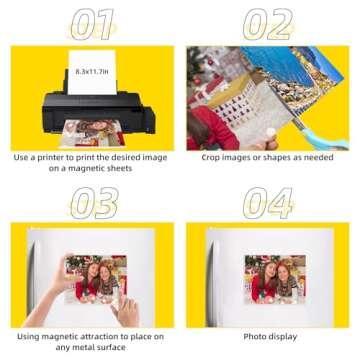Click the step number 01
[91, 23]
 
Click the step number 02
[267, 23]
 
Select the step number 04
[267, 201]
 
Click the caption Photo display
[268, 336]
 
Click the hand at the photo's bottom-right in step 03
[125, 311]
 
